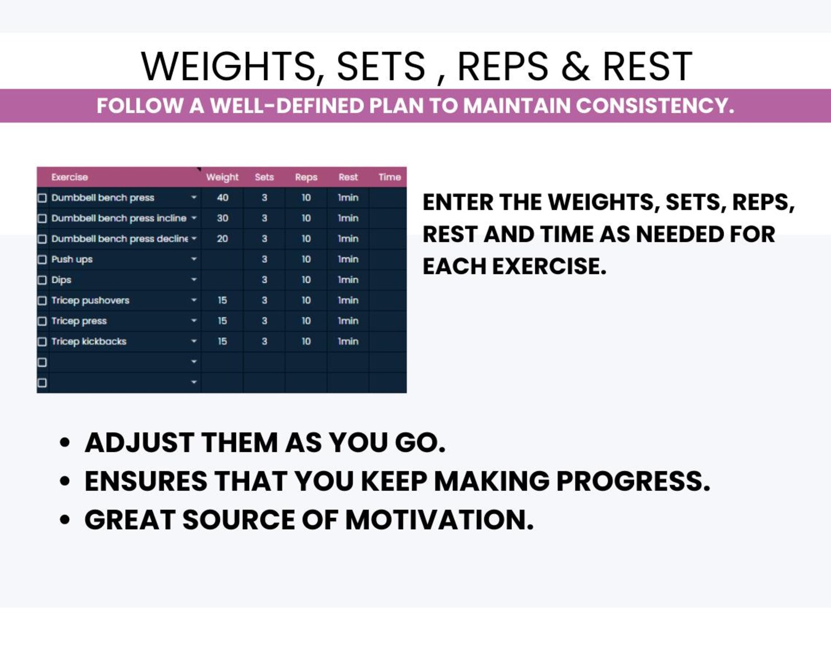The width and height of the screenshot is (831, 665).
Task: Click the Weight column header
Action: pos(222,178)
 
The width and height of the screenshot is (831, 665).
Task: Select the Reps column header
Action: pos(306,178)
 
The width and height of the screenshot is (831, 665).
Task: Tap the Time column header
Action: pos(389,178)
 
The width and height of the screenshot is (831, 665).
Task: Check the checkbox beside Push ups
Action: pos(42,259)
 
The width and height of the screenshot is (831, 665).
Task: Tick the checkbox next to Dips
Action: pos(42,280)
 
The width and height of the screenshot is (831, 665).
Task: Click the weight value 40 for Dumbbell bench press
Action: pos(222,198)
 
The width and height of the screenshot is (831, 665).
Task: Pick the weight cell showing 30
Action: pos(222,218)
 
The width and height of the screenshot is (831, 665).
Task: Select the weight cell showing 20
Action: pos(222,239)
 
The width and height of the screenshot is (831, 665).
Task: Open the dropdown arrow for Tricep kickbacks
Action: pos(194,341)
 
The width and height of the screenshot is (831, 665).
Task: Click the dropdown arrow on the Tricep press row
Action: pos(194,320)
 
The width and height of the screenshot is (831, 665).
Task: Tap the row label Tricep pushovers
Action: pos(91,301)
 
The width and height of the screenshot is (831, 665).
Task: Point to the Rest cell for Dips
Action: pos(348,280)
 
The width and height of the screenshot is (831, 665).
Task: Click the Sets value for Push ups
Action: pos(264,259)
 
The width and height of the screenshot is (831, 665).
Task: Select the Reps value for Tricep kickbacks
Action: pos(306,341)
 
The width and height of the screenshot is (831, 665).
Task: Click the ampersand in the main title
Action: pos(575,66)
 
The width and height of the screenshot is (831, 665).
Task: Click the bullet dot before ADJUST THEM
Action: pos(65,442)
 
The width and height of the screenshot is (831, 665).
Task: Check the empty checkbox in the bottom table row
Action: pos(42,383)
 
